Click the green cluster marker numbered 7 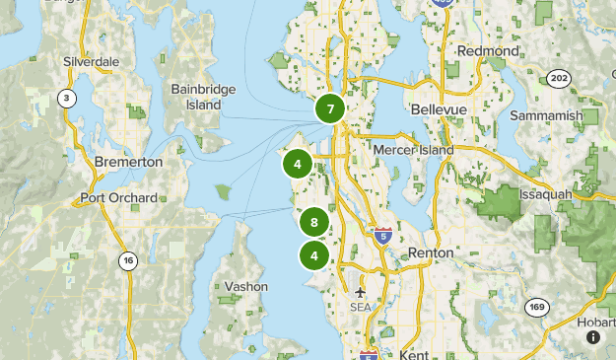[x=331, y=108]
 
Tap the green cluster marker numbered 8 [x=313, y=223]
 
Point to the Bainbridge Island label [x=203, y=96]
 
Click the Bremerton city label [x=128, y=162]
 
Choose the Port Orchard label [x=118, y=198]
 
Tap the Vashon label [x=245, y=286]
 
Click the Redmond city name [x=488, y=50]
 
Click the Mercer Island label [x=414, y=150]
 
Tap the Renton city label [x=430, y=253]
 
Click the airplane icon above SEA [x=361, y=294]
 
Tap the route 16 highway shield [x=127, y=260]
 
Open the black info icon [x=593, y=337]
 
